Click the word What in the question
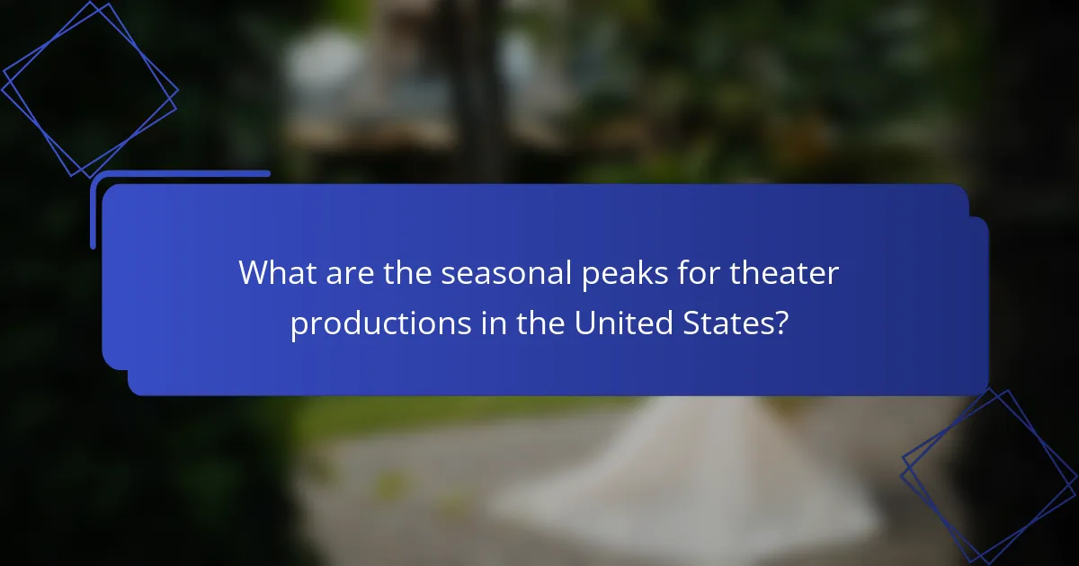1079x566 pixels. click(x=272, y=273)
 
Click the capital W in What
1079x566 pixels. click(x=253, y=273)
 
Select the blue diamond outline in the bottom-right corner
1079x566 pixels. click(x=989, y=476)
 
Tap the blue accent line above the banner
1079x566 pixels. click(x=180, y=173)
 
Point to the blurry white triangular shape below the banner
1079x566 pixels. click(x=683, y=476)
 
